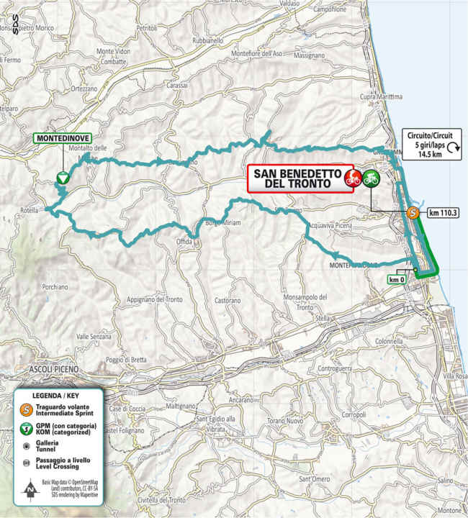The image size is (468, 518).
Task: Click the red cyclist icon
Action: (352, 178)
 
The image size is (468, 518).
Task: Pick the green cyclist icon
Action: (371, 178)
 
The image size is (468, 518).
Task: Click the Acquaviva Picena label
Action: (328, 225)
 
